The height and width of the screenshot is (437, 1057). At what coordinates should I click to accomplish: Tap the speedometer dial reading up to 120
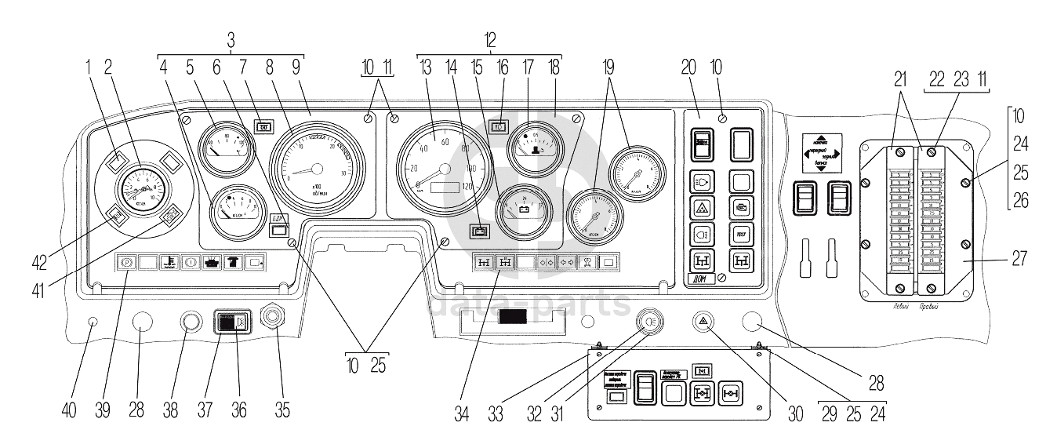[x=445, y=168]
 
